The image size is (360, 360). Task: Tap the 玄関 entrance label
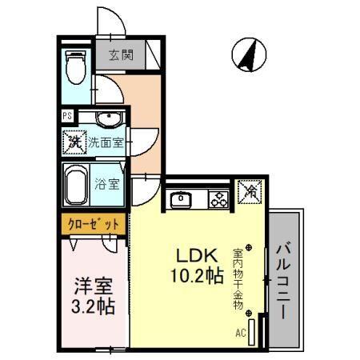[x=122, y=57]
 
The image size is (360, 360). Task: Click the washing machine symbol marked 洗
[x=74, y=144]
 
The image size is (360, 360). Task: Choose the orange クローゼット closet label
[x=94, y=225]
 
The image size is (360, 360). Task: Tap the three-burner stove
[x=218, y=200]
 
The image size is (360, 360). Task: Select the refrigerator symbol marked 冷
[x=249, y=193]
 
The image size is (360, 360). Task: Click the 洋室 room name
[x=88, y=284]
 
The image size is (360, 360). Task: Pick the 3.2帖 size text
[x=88, y=306]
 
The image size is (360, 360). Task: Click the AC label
[x=240, y=333]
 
